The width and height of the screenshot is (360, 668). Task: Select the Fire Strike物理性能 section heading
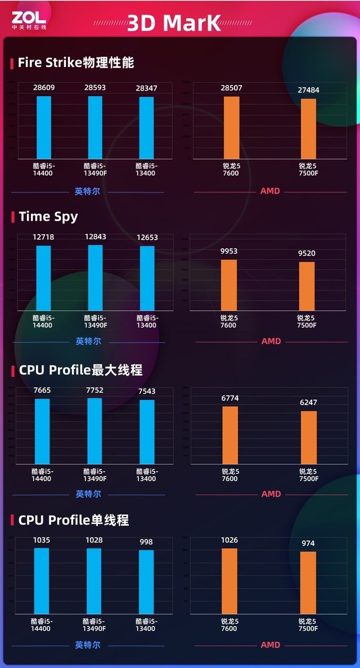pos(76,62)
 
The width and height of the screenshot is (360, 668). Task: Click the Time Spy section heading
pos(48,217)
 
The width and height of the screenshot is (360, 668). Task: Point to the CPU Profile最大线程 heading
pos(80,370)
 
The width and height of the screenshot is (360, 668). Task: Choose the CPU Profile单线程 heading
pos(74,520)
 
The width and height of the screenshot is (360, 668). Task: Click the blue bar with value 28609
pos(44,128)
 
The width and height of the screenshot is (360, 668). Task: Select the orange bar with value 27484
pos(308,129)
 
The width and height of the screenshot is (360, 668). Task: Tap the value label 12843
pos(95,237)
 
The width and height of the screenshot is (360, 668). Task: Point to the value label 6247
pos(308,402)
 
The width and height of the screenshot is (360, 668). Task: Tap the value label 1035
pos(42,540)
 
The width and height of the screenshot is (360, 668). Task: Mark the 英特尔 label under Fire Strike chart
pos(87,191)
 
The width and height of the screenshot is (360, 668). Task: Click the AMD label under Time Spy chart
pos(271,341)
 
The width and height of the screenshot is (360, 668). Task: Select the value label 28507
pos(232,88)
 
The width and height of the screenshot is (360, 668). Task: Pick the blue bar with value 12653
pos(147,278)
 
